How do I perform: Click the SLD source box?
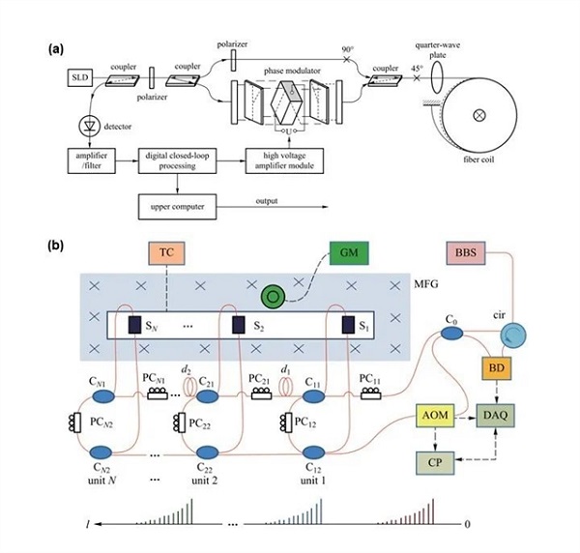click(80, 77)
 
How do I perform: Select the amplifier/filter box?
click(92, 160)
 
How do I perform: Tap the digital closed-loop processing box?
click(177, 160)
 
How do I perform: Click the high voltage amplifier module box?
click(284, 160)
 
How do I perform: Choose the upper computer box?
click(177, 207)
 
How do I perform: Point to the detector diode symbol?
click(90, 126)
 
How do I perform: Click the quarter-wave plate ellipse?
click(439, 77)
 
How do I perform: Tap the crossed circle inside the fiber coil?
click(479, 115)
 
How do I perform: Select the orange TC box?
click(166, 253)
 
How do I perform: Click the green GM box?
click(349, 253)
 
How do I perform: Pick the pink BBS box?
click(466, 253)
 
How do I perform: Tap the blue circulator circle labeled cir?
click(513, 335)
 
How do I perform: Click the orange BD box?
click(497, 368)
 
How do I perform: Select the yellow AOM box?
click(435, 416)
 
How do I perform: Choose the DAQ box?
click(495, 416)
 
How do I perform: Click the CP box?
click(435, 463)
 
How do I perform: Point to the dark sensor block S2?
click(239, 325)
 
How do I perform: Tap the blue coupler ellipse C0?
click(451, 334)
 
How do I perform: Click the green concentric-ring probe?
click(273, 296)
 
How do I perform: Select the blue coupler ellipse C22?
click(208, 452)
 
